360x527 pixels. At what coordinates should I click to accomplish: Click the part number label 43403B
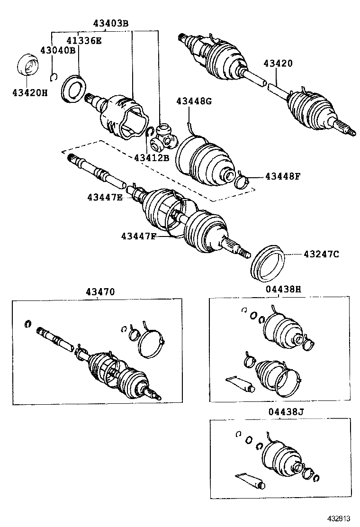(110, 23)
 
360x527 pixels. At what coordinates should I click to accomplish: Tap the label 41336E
(83, 41)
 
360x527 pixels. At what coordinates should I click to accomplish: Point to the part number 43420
(278, 63)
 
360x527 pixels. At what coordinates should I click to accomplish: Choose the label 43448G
(194, 101)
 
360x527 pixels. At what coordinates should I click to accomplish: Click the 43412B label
(152, 157)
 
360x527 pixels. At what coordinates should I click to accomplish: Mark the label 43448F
(282, 176)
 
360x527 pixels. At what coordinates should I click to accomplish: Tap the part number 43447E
(104, 197)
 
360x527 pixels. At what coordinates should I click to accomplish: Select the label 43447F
(138, 235)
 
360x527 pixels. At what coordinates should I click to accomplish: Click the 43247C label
(321, 254)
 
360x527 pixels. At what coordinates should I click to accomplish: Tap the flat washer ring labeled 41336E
(74, 88)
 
